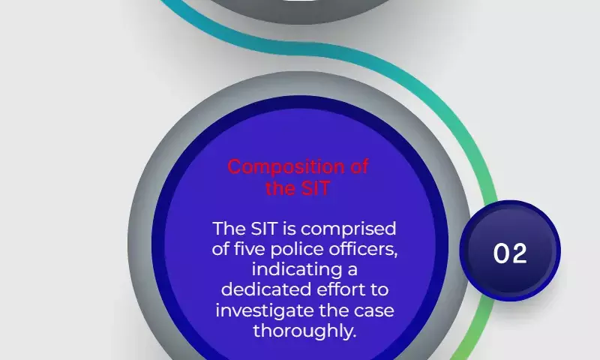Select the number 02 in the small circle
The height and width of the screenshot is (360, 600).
510,253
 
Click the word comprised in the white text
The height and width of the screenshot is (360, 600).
348,229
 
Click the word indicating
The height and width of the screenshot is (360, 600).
297,270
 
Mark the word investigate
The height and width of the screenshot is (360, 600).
265,310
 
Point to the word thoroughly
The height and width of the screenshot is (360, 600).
304,331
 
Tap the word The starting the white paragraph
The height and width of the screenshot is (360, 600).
229,229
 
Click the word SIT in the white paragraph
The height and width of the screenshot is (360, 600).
264,229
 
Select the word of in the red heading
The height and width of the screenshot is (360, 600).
359,166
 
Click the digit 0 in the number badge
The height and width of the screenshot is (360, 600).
501,253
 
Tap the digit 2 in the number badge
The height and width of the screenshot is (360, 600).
519,253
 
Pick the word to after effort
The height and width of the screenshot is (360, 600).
379,290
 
